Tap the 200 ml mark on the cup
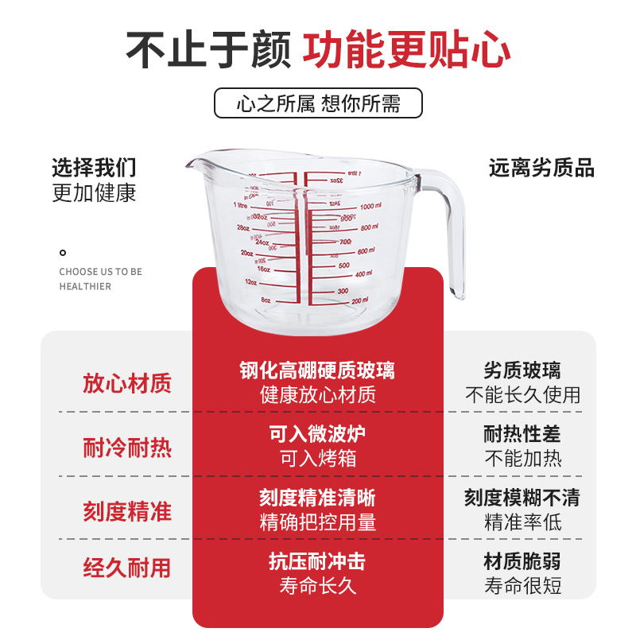pos(360,300)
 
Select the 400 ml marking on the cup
pos(363,274)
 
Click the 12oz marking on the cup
pos(251,282)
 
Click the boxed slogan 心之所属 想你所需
pos(318,104)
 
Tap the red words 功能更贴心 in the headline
pos(406,49)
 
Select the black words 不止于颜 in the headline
pos(210,49)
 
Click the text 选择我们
pos(94,168)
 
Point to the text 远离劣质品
pos(541,168)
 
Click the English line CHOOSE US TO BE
pos(100,272)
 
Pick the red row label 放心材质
pos(127,384)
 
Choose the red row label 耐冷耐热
pos(127,448)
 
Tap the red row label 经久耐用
pos(127,568)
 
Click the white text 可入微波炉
pos(318,435)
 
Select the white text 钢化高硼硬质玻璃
pos(318,370)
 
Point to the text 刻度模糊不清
pos(522,498)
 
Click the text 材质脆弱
pos(522,562)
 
